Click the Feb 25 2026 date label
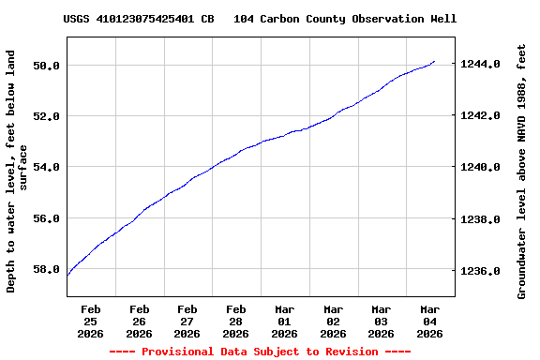coord(91,321)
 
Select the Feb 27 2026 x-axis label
coord(187,321)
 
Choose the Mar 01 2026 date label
coord(284,321)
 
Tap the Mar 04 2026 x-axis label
coord(429,321)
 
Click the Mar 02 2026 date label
coord(333,321)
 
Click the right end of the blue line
coord(435,61)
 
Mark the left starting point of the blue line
coord(67,275)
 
